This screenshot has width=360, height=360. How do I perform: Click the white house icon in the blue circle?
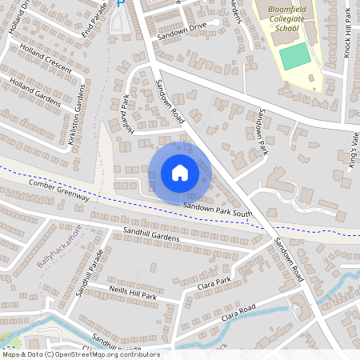180,173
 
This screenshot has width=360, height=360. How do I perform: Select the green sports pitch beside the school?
294,56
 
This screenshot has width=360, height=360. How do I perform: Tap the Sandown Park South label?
217,210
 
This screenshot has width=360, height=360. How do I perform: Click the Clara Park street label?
214,282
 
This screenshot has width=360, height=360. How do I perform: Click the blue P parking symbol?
121,3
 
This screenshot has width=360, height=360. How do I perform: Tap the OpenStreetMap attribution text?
80,354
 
